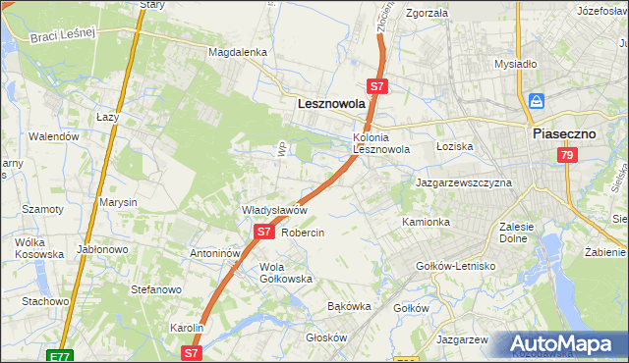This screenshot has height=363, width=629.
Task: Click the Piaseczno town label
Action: pyautogui.click(x=566, y=134)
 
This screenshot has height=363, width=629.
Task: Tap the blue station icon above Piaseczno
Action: pyautogui.click(x=537, y=101)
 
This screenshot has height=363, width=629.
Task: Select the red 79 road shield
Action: pyautogui.click(x=566, y=155)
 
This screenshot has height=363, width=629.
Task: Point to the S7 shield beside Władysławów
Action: pyautogui.click(x=263, y=232)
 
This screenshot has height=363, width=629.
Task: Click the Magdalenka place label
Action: pyautogui.click(x=237, y=52)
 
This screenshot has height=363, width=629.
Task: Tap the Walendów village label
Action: pyautogui.click(x=54, y=136)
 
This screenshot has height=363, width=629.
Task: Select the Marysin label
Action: pyautogui.click(x=118, y=202)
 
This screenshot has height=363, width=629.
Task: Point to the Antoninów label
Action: pyautogui.click(x=215, y=252)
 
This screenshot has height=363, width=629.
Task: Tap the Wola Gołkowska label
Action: pyautogui.click(x=285, y=273)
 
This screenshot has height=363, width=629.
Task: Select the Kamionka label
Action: pyautogui.click(x=426, y=223)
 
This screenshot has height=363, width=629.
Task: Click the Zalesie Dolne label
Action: pyautogui.click(x=516, y=232)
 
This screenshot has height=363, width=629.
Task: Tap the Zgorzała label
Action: pyautogui.click(x=427, y=14)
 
